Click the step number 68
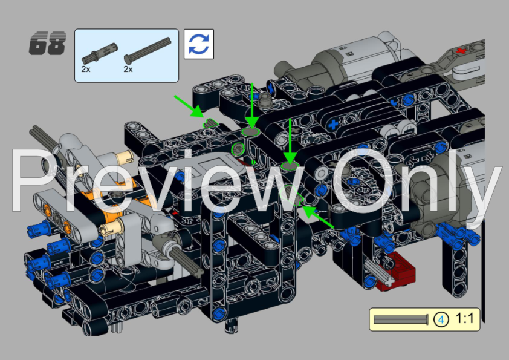[x=47, y=43]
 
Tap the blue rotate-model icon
[x=199, y=44]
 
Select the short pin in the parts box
[x=99, y=54]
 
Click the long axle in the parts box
[x=148, y=50]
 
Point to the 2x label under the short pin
[x=86, y=69]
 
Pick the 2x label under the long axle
[x=128, y=69]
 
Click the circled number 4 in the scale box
[x=441, y=319]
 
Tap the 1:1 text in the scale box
[x=465, y=319]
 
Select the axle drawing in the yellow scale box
[x=401, y=319]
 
